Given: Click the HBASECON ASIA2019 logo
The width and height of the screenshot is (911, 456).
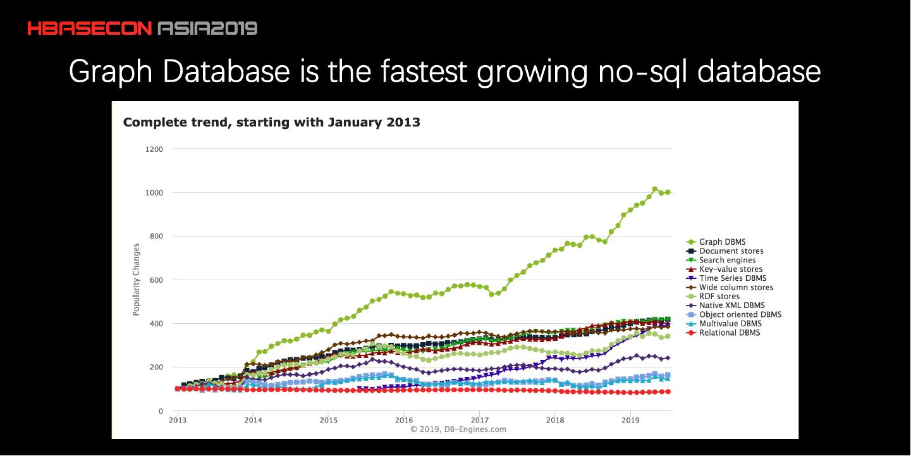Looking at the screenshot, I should tap(142, 28).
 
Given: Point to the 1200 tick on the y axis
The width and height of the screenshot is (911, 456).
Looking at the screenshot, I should tap(154, 149).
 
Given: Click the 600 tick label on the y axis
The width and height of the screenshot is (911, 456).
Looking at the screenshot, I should tap(156, 280).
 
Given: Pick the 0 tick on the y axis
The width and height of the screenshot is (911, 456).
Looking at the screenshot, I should tap(161, 411).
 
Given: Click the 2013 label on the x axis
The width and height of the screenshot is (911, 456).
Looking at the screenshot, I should tap(178, 420).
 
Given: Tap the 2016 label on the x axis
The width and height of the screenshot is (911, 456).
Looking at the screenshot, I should tap(404, 420).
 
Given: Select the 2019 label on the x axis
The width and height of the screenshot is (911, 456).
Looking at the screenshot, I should tap(630, 420).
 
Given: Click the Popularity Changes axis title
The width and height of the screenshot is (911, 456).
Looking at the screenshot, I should tap(137, 280).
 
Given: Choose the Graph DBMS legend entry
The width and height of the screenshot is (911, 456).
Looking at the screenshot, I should tap(722, 242).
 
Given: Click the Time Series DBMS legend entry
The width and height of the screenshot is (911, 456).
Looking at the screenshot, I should tap(732, 278).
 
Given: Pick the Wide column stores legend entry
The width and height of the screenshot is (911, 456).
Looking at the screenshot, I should tap(736, 287).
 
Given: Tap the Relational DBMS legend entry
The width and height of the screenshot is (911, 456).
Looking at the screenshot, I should tap(730, 333).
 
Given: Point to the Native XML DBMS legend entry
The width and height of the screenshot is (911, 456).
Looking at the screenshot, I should tap(731, 305).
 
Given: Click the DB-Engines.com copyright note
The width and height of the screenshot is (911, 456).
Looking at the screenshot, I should tap(458, 429).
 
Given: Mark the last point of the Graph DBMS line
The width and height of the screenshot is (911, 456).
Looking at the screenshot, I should tap(668, 192).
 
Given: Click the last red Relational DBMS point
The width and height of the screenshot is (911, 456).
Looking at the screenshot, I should tap(668, 392).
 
